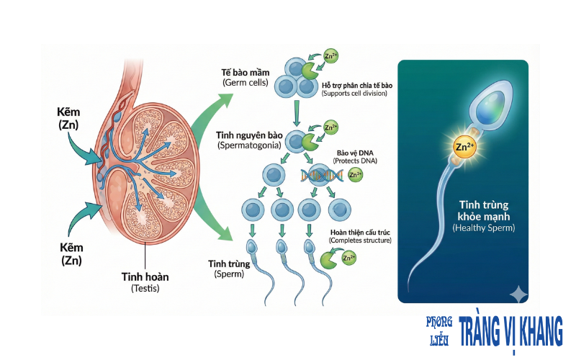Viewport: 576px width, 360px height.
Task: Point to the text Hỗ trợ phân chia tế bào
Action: coord(357,85)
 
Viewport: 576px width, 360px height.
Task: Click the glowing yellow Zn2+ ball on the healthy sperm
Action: coord(464,148)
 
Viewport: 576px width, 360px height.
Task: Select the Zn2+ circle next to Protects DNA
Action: coord(355,174)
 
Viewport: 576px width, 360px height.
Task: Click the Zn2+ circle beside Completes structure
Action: coord(348,257)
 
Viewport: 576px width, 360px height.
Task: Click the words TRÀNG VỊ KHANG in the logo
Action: coord(510,332)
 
